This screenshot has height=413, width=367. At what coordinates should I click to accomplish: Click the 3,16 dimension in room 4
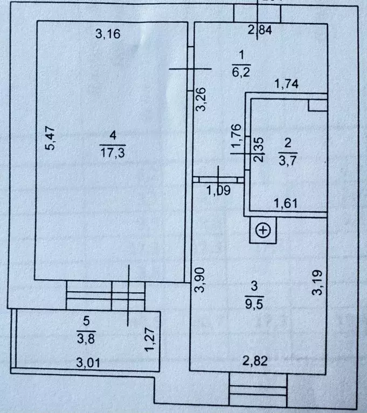coord(107,34)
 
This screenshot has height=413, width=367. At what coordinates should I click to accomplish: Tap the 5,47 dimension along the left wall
coord(50,138)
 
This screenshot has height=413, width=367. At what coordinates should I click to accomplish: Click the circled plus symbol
coord(263,231)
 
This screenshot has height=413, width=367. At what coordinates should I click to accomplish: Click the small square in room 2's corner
coord(317,104)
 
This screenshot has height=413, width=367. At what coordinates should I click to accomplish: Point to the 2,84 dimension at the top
coord(260,30)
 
